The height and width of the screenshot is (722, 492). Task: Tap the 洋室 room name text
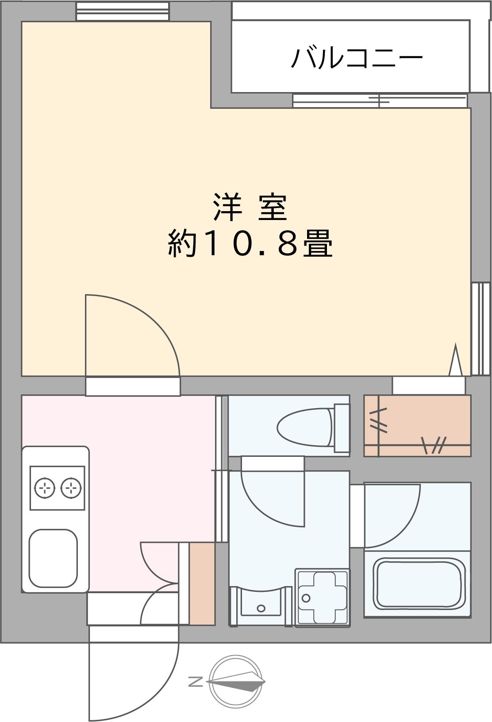pos(250,207)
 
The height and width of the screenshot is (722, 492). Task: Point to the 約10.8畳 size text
pos(250,243)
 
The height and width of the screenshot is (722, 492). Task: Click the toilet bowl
pos(304,427)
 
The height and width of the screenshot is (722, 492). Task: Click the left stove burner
pos(44,488)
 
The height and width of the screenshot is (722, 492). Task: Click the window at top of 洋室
pos(123,12)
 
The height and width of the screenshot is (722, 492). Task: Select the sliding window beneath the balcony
pos(380,100)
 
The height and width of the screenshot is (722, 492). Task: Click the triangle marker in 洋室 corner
pos(456,359)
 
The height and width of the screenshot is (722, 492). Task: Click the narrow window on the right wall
pos(481,329)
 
